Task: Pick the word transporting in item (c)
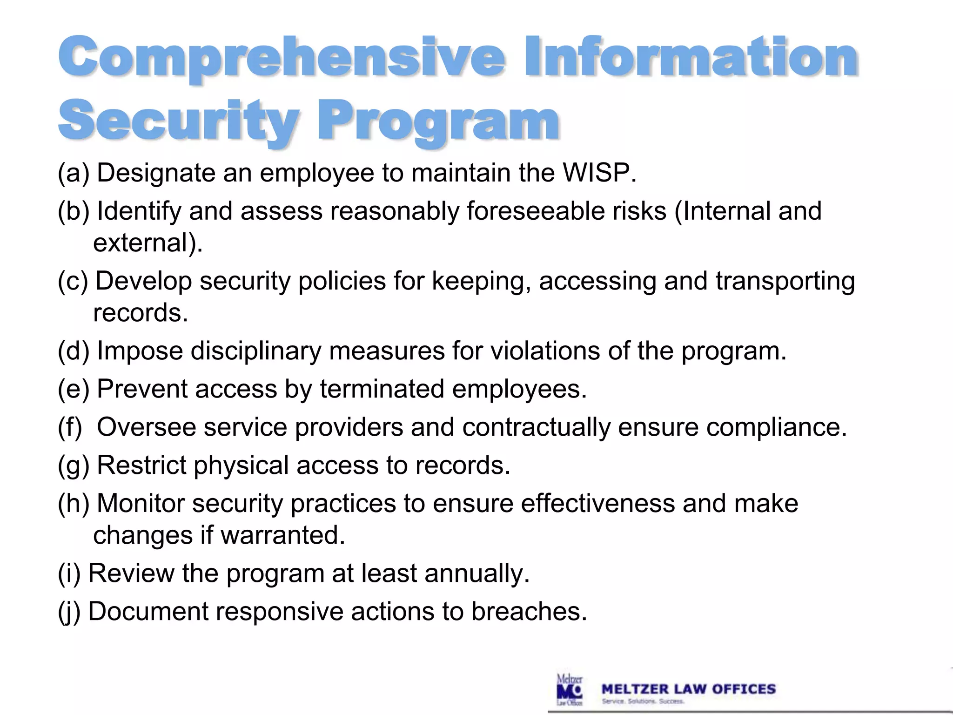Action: click(785, 281)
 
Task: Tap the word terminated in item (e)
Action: click(382, 389)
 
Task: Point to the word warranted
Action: click(282, 535)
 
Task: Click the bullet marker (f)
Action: click(70, 427)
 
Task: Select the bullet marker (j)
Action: click(69, 612)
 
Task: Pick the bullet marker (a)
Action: click(73, 173)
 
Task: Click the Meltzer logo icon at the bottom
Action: click(570, 689)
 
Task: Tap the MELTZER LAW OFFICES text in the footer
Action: click(688, 689)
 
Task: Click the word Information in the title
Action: click(691, 58)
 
